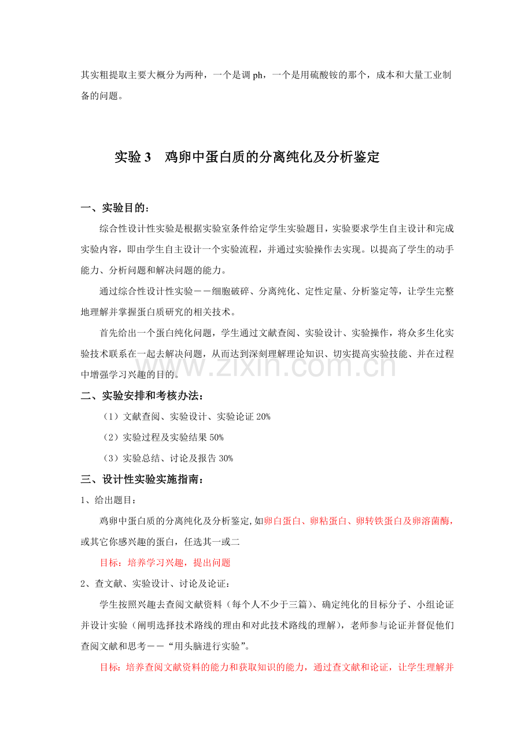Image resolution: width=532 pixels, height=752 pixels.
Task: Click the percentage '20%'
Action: [263, 416]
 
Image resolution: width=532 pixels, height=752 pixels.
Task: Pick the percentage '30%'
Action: [225, 458]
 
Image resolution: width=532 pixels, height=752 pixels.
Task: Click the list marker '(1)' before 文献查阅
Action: [110, 416]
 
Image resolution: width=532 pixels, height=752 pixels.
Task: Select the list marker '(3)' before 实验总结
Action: [110, 458]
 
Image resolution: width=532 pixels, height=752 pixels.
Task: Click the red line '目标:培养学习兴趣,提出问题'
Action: [165, 563]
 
